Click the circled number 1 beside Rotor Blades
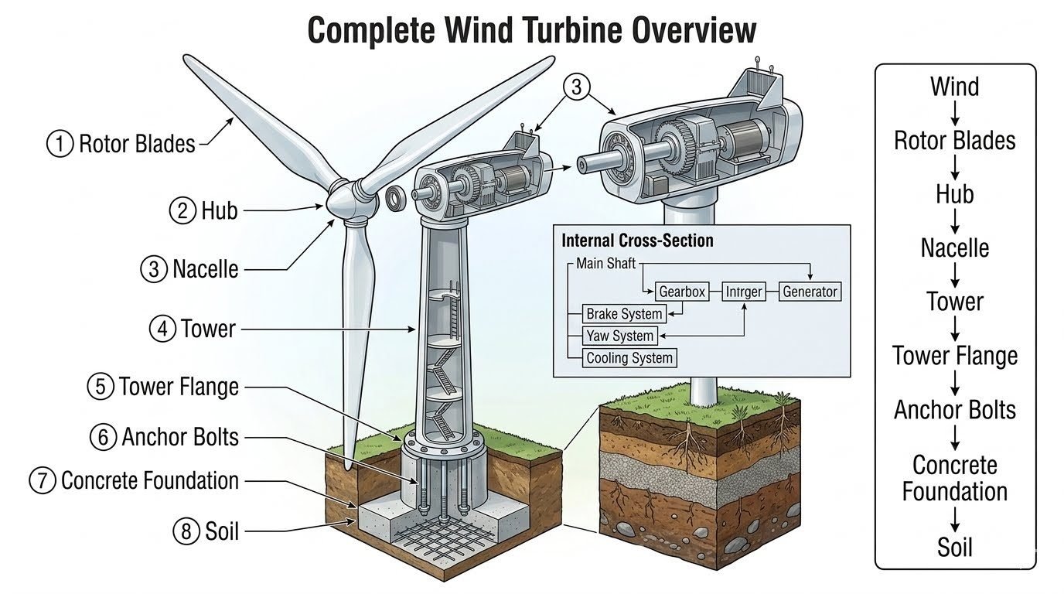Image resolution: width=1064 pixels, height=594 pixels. [60, 144]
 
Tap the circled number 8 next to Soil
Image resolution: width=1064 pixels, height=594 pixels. [186, 531]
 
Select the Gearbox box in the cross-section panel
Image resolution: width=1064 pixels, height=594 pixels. [682, 292]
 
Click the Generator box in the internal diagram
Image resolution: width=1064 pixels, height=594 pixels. [810, 292]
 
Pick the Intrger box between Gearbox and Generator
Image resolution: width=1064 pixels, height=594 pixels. [744, 292]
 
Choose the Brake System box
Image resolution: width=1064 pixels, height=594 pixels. [624, 314]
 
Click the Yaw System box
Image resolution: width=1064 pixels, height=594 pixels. [620, 336]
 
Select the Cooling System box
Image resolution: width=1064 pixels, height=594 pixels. [629, 357]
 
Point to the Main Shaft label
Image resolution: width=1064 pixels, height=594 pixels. [605, 263]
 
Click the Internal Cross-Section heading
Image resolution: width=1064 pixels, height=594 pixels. [637, 241]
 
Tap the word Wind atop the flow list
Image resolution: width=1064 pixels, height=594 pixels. [954, 87]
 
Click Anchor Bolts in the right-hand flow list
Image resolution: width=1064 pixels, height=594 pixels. [955, 410]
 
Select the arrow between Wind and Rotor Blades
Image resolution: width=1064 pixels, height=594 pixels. [955, 114]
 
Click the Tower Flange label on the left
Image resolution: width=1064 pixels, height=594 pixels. [179, 387]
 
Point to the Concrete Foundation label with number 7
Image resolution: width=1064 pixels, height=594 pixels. [150, 480]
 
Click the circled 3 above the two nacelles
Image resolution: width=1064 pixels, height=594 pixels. [576, 87]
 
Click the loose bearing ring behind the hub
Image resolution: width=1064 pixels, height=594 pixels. [395, 198]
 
